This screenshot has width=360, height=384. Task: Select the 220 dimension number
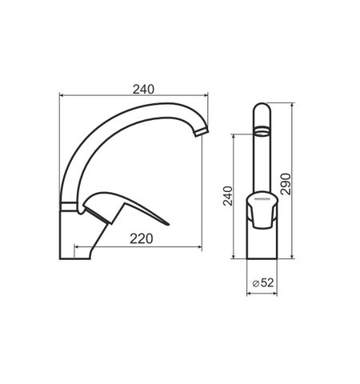[142, 238]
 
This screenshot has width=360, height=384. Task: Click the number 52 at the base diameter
[266, 282]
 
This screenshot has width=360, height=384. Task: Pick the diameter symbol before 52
[255, 282]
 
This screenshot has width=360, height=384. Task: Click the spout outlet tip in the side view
[202, 132]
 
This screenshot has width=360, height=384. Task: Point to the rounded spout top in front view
[262, 109]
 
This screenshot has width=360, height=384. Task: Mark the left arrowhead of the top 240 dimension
[63, 95]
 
